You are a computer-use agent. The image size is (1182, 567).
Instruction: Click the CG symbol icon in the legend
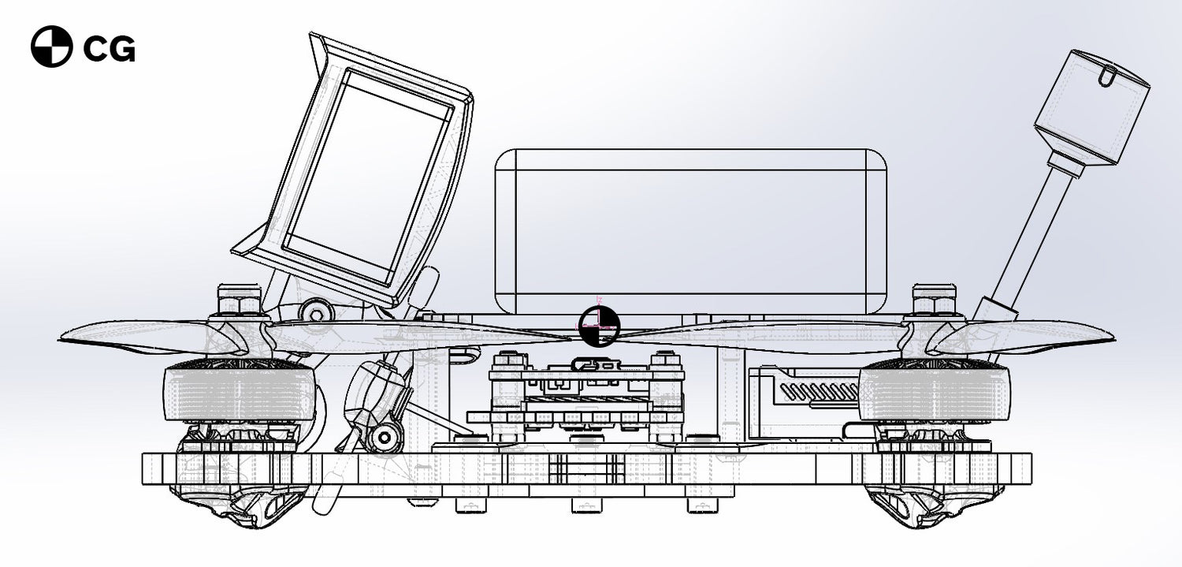pyautogui.click(x=51, y=47)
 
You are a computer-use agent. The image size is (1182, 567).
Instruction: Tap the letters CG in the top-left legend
pyautogui.click(x=109, y=49)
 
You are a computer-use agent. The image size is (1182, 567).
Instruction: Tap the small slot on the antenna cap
pyautogui.click(x=1105, y=77)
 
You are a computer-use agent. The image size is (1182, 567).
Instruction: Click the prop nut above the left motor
pyautogui.click(x=240, y=300)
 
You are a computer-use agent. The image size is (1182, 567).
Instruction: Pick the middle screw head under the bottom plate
pyautogui.click(x=582, y=504)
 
